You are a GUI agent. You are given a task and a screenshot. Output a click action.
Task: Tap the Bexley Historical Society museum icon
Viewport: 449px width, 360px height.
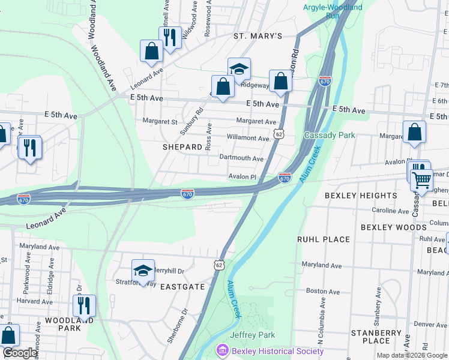pos(223,350)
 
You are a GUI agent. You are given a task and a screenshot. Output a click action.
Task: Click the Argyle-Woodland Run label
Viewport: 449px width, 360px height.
pos(333,11)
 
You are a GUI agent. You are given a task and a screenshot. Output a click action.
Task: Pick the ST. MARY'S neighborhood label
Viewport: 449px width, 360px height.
pos(258,36)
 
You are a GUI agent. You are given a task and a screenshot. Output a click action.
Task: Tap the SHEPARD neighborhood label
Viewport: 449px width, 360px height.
pos(182,147)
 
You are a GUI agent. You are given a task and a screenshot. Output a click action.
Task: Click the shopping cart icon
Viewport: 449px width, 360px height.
pos(421,178)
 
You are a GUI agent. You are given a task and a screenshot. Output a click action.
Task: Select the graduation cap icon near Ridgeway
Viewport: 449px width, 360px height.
pos(238,69)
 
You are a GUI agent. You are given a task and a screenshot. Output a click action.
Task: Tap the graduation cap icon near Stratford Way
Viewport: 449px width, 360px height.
pos(143,271)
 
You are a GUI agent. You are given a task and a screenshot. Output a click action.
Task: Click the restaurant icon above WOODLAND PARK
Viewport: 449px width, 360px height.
pos(84,305)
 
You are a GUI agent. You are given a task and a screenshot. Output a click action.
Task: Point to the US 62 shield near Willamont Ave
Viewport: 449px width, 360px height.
pos(279,134)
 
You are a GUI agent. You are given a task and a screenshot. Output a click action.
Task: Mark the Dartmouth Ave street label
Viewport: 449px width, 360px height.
pos(241,158)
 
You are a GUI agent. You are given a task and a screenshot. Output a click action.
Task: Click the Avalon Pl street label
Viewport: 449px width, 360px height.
pos(243,177)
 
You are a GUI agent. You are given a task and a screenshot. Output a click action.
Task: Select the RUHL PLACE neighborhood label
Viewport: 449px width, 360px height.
pos(324,239)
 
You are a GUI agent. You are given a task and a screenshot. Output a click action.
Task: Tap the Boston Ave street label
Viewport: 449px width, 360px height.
pos(318,290)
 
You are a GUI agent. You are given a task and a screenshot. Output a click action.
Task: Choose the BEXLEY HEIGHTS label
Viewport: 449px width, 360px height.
pos(361,196)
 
